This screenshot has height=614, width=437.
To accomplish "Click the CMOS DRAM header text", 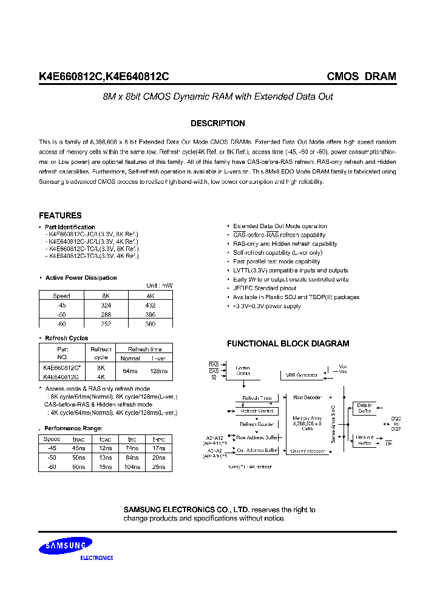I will (361, 76).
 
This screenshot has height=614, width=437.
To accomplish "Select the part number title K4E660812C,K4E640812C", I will (104, 76).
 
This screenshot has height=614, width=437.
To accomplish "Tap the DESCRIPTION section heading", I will (218, 123).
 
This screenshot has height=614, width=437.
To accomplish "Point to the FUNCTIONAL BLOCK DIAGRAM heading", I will (288, 343).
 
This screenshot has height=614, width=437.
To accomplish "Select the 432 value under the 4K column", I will (150, 305).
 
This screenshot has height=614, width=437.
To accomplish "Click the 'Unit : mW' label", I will (159, 286).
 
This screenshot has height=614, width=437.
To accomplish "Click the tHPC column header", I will (158, 438).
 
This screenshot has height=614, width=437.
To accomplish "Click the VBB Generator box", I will (302, 376).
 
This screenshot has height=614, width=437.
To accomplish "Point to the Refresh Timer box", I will (257, 398).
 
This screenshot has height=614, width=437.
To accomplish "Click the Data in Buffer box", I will (364, 408).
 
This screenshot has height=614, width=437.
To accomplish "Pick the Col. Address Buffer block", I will (257, 451).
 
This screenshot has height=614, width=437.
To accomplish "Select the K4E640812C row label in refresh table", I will (61, 376).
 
